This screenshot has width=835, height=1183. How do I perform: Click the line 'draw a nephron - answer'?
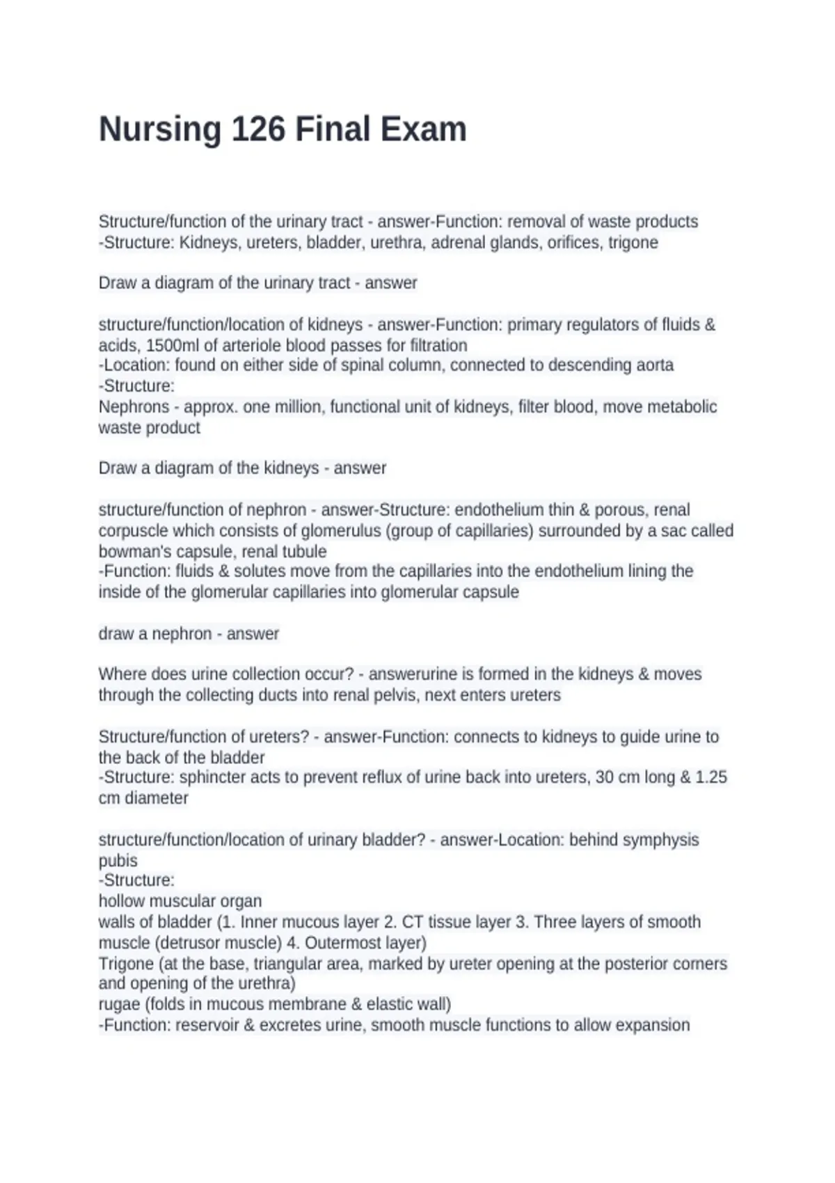[x=189, y=633]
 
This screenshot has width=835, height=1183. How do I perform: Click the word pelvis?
[x=399, y=694]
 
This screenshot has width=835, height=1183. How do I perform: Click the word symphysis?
[x=660, y=839]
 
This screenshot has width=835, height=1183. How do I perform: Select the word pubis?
[x=118, y=860]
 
